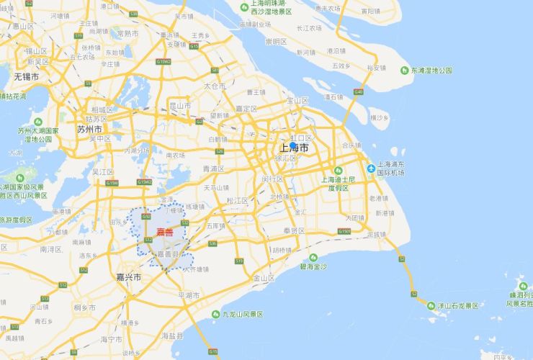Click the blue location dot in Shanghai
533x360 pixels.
tap(293, 145)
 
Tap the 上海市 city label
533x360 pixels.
tap(294, 148)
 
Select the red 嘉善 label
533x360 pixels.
tap(165, 232)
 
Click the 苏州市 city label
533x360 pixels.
tap(89, 129)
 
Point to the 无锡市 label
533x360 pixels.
tap(26, 76)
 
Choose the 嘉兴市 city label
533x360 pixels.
tap(128, 276)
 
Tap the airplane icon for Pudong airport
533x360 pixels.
tap(371, 168)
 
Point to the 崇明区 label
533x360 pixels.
tap(276, 42)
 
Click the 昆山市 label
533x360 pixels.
tap(179, 105)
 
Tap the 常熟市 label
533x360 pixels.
tap(127, 33)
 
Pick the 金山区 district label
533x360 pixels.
tap(263, 277)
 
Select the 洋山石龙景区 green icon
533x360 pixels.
tap(431, 305)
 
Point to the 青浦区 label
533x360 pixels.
tap(213, 168)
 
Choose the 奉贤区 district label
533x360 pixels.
tap(293, 230)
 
